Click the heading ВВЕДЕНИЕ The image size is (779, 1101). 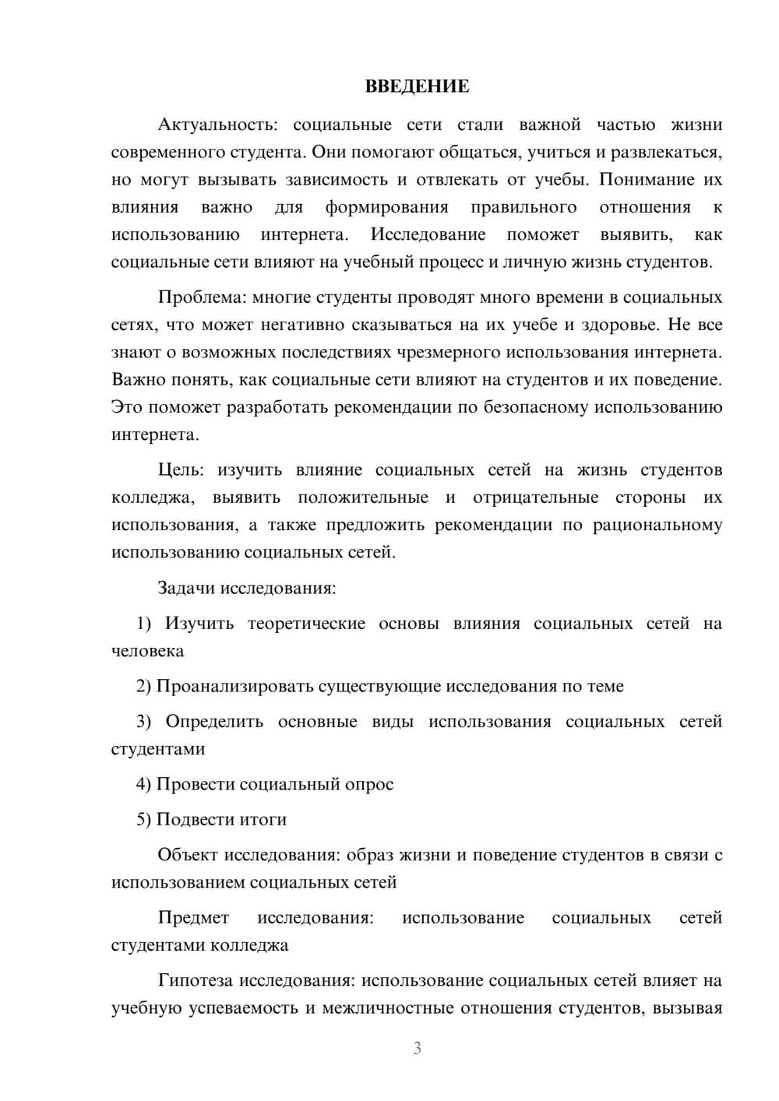coord(417,86)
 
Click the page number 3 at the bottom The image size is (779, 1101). coord(417,1048)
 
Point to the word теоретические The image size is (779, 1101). coord(306,624)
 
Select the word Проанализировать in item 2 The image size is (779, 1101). coord(230,686)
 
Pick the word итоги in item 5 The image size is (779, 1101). coord(264,819)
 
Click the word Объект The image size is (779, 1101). coord(188,855)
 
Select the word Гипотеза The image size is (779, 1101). coord(195,980)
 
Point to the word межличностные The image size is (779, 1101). coord(387,1008)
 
